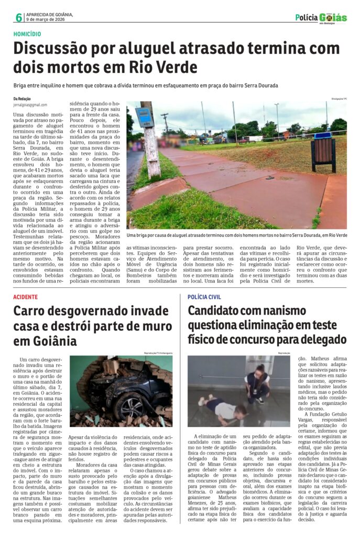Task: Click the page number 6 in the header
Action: pyautogui.click(x=19, y=17)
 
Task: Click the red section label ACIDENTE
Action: pyautogui.click(x=26, y=297)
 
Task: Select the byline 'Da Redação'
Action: pyautogui.click(x=22, y=99)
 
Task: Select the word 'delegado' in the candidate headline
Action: pyautogui.click(x=319, y=340)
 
